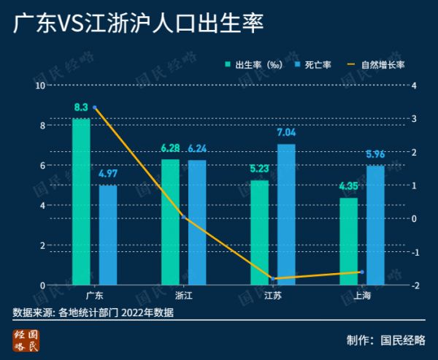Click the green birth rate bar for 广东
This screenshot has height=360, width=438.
(x=81, y=201)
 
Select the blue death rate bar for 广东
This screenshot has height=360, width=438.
(x=108, y=234)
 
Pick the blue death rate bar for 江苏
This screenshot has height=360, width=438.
(x=286, y=214)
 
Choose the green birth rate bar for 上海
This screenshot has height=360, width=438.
(x=349, y=241)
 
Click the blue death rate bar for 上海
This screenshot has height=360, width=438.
(x=375, y=225)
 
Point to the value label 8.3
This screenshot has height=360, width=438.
(x=81, y=108)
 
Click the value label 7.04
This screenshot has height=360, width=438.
(x=286, y=133)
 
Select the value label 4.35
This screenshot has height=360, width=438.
(x=349, y=186)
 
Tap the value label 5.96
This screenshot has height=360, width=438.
(x=375, y=154)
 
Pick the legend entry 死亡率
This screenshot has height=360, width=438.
(x=315, y=65)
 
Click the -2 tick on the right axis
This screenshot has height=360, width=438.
(x=415, y=285)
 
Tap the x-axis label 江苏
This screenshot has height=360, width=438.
(x=273, y=296)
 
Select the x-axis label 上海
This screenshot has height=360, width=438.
(x=362, y=296)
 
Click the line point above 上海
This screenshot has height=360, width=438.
(x=362, y=272)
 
